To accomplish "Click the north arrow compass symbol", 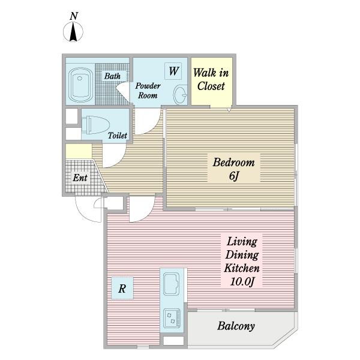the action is click(x=73, y=32).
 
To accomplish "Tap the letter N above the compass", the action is click(x=74, y=16).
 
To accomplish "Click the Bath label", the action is click(x=112, y=76).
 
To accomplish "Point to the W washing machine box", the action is click(x=173, y=71).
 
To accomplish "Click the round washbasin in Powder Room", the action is click(x=180, y=95).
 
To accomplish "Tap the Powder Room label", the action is click(x=148, y=91).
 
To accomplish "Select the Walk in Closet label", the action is click(x=211, y=79).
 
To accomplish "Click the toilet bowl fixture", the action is click(x=95, y=125).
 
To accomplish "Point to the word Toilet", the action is click(x=118, y=136).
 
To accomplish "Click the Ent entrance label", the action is click(x=80, y=178).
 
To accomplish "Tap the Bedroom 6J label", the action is click(x=234, y=169).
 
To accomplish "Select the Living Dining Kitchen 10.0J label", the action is click(x=242, y=261).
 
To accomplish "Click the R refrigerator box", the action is click(x=122, y=289).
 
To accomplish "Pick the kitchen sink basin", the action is click(x=171, y=284).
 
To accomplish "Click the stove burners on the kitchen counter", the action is click(x=172, y=319).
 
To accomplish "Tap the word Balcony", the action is click(x=236, y=326).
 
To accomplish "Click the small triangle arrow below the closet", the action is click(x=229, y=110).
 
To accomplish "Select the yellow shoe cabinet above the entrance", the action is click(x=79, y=151).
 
